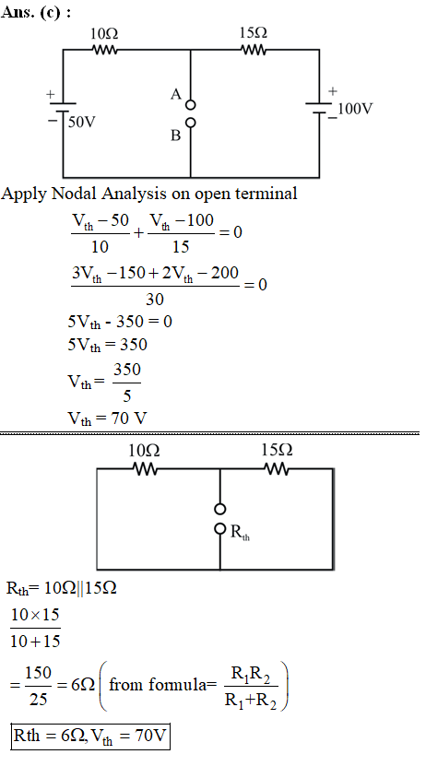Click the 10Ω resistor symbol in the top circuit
[104, 50]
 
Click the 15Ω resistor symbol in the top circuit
[254, 50]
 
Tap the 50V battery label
[82, 122]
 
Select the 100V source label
[356, 109]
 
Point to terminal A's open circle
[191, 105]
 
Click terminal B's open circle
[191, 123]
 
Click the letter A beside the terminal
[176, 94]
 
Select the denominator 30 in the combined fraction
[155, 299]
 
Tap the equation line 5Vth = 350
[108, 346]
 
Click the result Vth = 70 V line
[108, 418]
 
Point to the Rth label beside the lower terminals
[240, 532]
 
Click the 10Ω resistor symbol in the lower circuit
[145, 469]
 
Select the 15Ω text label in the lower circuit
[277, 450]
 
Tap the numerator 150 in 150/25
[38, 673]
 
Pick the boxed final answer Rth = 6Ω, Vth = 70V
[90, 737]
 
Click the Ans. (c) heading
[37, 13]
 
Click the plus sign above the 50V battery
[51, 94]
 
